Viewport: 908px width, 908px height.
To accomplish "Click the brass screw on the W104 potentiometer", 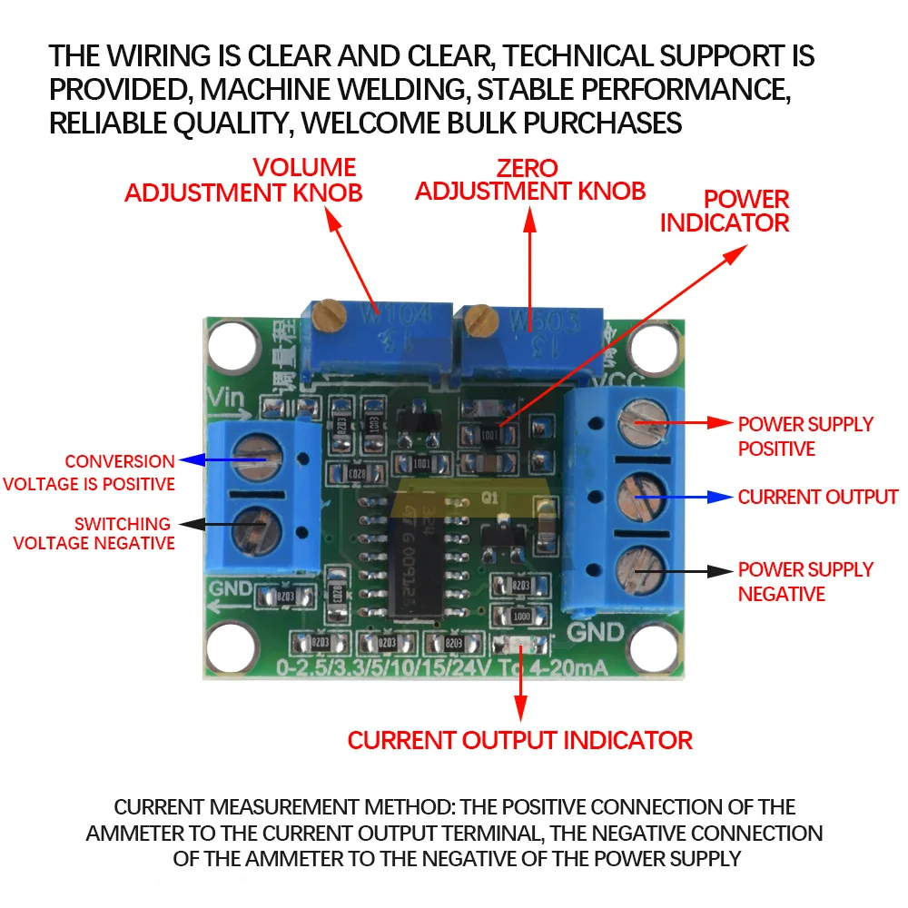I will tap(328, 318).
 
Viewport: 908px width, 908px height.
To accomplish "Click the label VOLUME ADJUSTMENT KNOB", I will tap(243, 180).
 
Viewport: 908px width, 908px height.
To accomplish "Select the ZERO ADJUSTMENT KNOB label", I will tap(530, 179).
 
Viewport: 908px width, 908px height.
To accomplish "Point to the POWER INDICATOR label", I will tap(725, 211).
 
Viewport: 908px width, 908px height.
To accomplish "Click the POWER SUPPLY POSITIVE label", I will tap(804, 436).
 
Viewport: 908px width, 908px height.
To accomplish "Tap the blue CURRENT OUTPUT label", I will tap(817, 497).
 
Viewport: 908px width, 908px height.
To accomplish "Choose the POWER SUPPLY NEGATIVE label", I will tap(804, 581).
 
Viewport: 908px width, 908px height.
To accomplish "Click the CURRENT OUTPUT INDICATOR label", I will tap(519, 740).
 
